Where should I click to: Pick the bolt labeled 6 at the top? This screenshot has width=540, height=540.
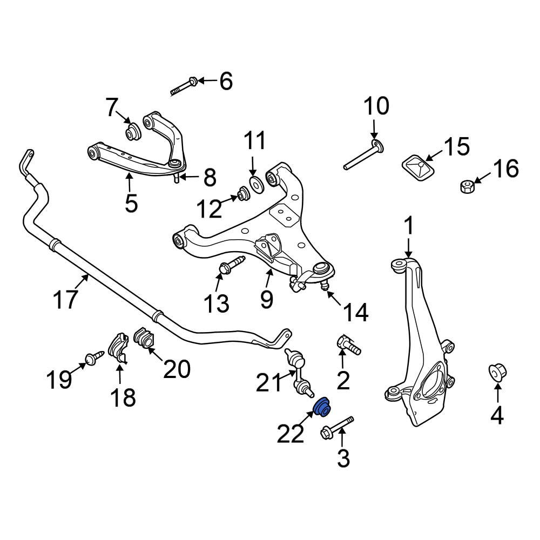(x=184, y=86)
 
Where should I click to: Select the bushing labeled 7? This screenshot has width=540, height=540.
(x=132, y=131)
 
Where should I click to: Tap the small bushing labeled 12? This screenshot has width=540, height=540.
(x=244, y=193)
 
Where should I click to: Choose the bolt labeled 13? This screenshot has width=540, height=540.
(x=231, y=266)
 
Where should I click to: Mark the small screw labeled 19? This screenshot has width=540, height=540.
(x=92, y=358)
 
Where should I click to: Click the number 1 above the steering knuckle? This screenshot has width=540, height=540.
(x=409, y=226)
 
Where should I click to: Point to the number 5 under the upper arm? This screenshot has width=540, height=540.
(x=131, y=204)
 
